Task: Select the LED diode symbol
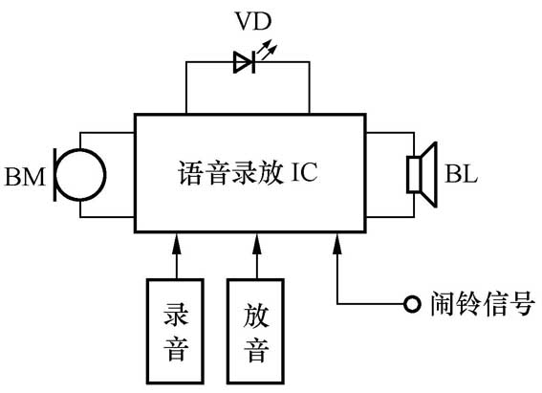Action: [244, 64]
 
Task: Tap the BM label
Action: [25, 177]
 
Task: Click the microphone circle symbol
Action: [81, 174]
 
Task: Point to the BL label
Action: [461, 175]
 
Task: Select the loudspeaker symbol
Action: [421, 174]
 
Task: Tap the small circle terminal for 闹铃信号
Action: [411, 305]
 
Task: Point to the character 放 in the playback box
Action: [255, 314]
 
